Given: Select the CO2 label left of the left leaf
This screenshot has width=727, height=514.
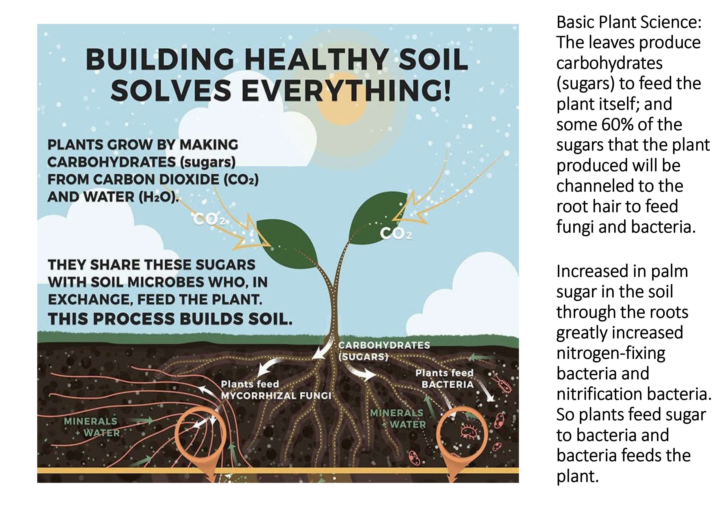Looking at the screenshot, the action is [209, 220].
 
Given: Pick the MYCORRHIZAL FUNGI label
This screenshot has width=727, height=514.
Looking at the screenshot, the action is [276, 396].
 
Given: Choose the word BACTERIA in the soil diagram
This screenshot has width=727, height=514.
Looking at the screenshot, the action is [447, 385].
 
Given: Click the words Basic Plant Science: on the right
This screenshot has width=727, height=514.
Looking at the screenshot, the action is [629, 22].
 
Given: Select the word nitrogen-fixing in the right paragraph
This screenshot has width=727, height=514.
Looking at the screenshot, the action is [611, 353].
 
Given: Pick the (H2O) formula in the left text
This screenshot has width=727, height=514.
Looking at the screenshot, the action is [156, 197].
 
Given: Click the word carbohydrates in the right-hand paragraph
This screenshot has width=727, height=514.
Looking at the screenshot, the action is [610, 63].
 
